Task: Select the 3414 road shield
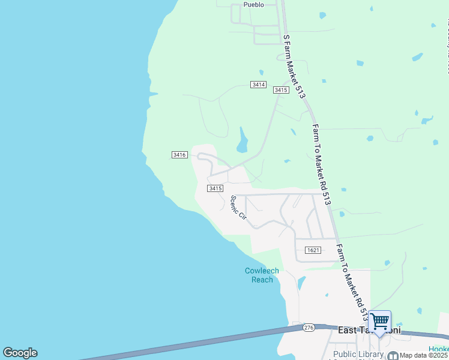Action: coord(259,85)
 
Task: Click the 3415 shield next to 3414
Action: coord(281,90)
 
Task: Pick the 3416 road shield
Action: coord(179,155)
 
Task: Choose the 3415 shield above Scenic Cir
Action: coord(215,188)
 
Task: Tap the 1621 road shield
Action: coord(312,250)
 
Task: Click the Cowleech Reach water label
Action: coord(262,275)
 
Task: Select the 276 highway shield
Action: coord(309,328)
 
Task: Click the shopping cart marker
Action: coord(379,322)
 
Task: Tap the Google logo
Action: coord(20,353)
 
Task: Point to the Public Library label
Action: coord(358,355)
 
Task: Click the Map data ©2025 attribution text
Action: coord(424,355)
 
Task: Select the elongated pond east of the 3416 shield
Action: coord(243,141)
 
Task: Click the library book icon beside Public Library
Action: coord(393,355)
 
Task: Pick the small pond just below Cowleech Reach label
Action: coord(301,283)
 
